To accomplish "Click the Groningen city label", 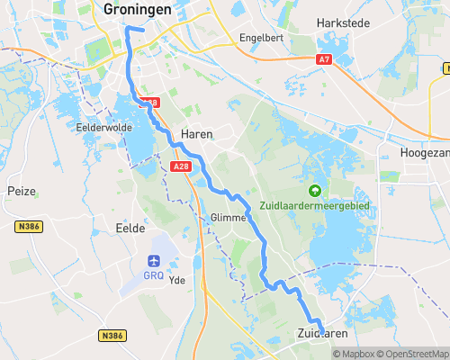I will coord(137,9).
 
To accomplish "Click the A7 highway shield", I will coord(324,58).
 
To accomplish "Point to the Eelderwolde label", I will coord(104,128).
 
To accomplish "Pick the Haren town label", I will coord(197,133).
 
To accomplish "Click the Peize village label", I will coord(21,191).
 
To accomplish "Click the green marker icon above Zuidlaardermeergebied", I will coord(314,190).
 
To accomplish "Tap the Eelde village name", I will coord(130,229).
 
